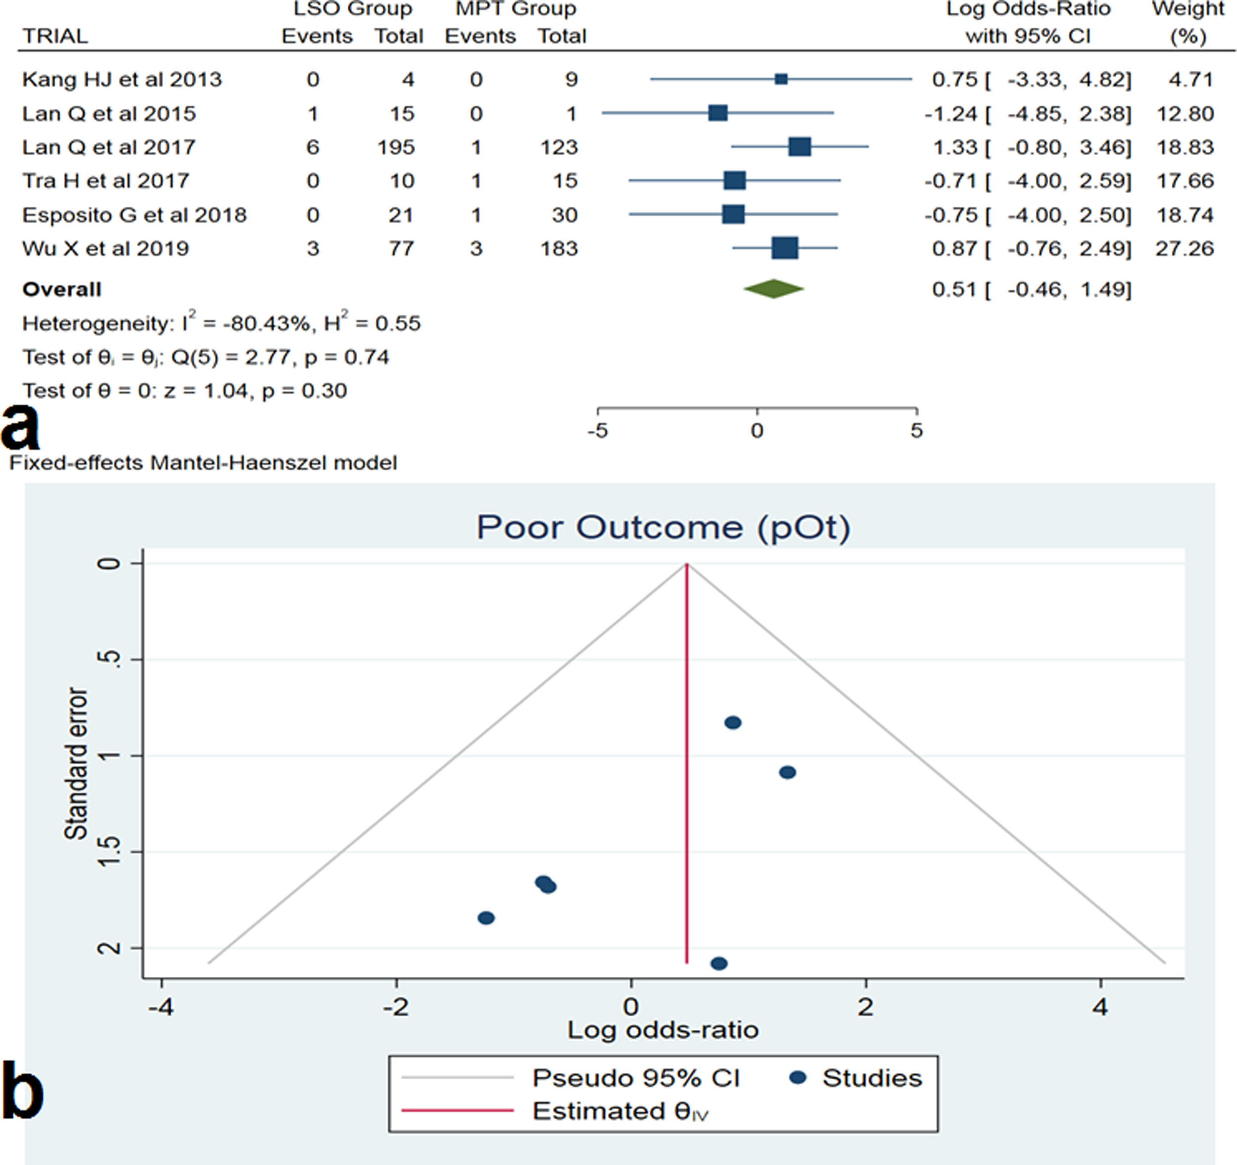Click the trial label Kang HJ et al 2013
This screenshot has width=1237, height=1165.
click(122, 80)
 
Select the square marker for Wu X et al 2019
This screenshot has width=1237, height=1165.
click(785, 249)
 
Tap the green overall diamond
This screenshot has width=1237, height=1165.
click(773, 289)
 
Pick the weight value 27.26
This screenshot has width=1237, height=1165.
click(1184, 249)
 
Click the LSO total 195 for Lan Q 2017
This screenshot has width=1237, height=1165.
click(396, 148)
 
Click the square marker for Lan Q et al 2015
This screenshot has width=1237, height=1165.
click(718, 113)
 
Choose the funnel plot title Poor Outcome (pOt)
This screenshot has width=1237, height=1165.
click(663, 527)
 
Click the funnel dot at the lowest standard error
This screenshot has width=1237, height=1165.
click(733, 723)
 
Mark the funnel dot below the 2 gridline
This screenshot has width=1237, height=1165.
click(718, 964)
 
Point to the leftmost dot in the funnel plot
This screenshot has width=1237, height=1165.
click(486, 918)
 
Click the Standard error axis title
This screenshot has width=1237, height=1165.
click(76, 763)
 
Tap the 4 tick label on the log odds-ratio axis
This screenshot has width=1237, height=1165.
click(1100, 1007)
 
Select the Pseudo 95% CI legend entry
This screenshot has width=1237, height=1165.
click(635, 1078)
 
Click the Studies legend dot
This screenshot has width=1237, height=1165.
click(798, 1077)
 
